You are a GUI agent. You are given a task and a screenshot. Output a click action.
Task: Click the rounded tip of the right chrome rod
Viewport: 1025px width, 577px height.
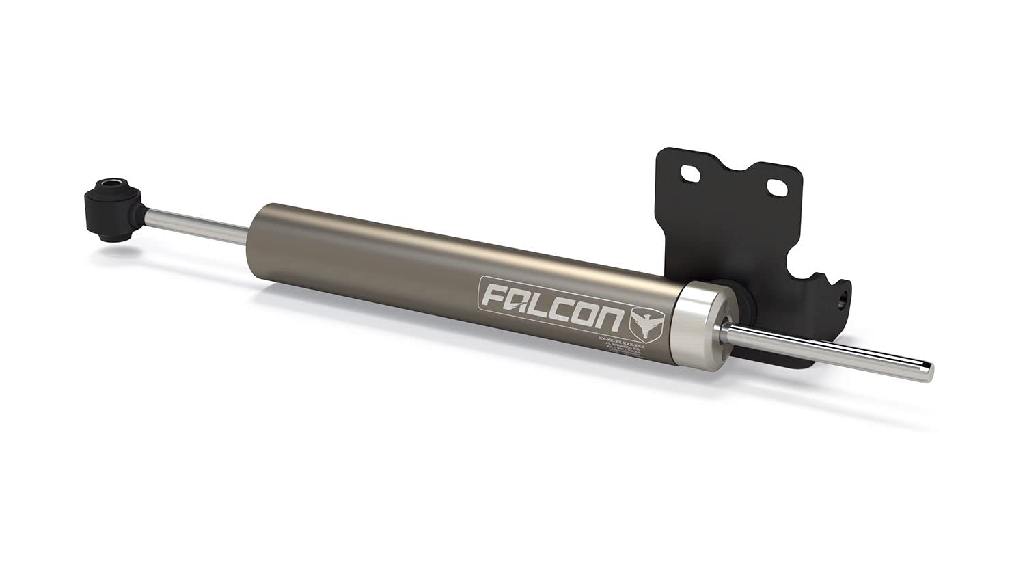pos(924,370)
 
